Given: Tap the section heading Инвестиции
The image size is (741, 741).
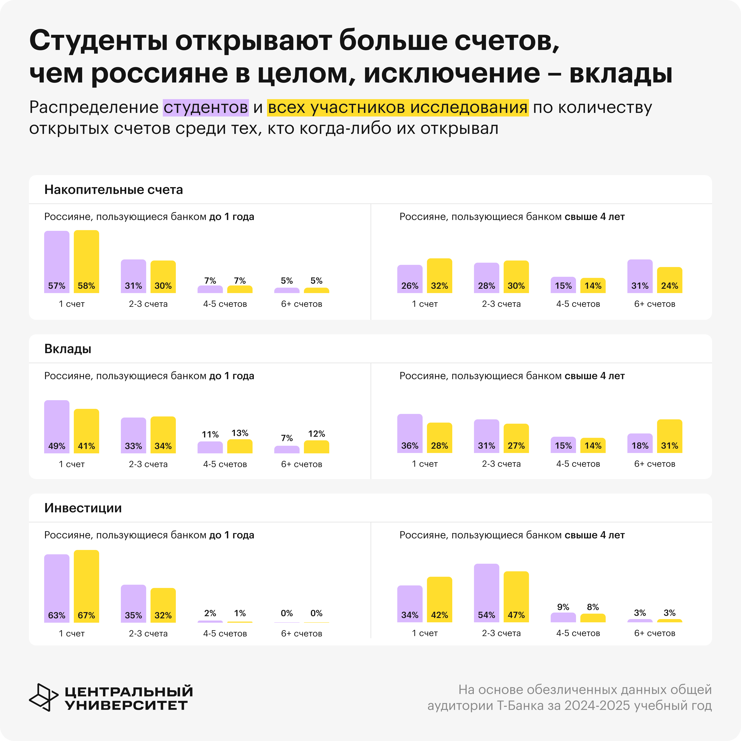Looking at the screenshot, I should pos(83,508).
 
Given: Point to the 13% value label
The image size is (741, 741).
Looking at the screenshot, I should pos(240,433).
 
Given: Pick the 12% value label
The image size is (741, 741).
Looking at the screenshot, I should pos(316,434).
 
